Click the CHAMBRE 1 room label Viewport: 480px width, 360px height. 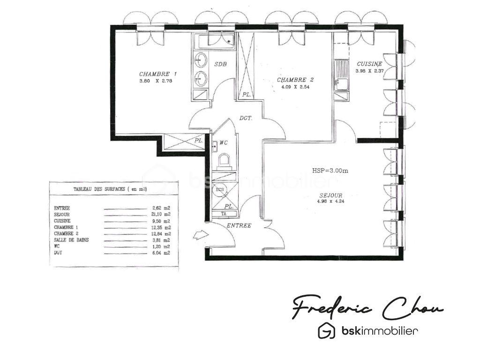coord(158,74)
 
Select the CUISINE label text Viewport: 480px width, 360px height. coord(369,64)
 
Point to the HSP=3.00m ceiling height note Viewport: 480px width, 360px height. coord(330,171)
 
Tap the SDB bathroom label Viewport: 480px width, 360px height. coord(221,64)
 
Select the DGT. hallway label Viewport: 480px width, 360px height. coord(246,119)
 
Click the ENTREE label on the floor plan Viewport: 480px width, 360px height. coord(239,225)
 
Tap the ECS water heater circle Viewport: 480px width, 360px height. coord(219,190)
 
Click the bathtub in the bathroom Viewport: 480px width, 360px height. coord(215,41)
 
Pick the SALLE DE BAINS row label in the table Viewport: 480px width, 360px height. coord(71,240)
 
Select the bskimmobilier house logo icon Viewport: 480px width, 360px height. coord(326,331)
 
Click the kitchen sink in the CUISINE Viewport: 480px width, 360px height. coord(340,85)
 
